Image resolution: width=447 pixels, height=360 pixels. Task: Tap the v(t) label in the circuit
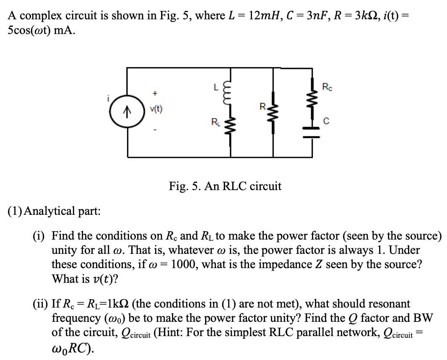(156, 110)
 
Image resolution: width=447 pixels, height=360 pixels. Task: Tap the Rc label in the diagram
(326, 87)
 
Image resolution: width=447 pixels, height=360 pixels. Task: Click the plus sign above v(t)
(156, 91)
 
